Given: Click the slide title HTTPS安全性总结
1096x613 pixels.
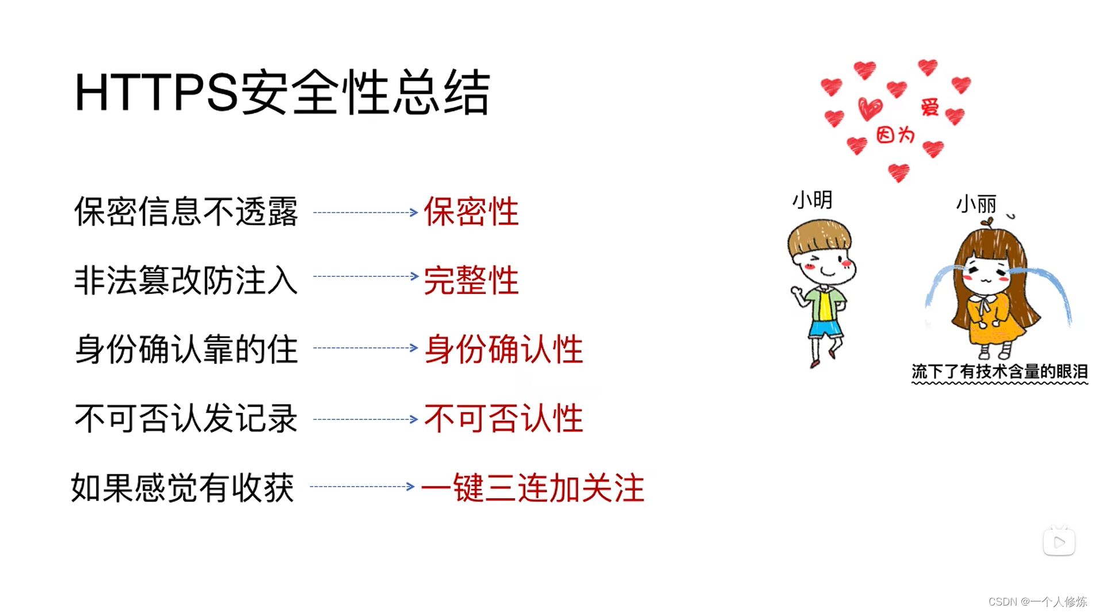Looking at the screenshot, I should click(x=282, y=92).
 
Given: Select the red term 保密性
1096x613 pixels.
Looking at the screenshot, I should click(x=471, y=211).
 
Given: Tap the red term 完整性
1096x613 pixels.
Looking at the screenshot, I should click(x=471, y=280).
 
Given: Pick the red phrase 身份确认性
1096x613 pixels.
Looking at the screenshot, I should click(x=503, y=349).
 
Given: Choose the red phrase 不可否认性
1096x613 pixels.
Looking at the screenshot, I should click(x=503, y=418).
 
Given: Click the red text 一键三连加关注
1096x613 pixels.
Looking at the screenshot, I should click(x=532, y=488).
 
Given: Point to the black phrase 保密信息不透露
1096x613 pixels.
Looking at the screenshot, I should click(x=186, y=211).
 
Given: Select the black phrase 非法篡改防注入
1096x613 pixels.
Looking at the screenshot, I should click(x=186, y=280).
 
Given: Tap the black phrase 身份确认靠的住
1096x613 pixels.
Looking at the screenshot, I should click(x=186, y=349).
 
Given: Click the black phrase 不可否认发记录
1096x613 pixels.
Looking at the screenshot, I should click(x=186, y=418).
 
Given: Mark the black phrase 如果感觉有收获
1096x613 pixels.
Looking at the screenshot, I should click(x=182, y=488).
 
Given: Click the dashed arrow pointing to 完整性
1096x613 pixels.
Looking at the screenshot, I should click(x=366, y=276).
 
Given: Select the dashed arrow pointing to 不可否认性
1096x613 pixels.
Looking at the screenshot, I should click(x=366, y=419).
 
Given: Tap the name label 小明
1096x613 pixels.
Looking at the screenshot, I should click(x=812, y=200).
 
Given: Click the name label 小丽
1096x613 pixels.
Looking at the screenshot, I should click(x=976, y=204).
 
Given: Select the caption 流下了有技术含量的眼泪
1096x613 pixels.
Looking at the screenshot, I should click(x=999, y=372).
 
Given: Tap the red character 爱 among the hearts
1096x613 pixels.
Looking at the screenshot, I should click(x=929, y=107).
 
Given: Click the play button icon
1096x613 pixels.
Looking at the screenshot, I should click(x=1059, y=542).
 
